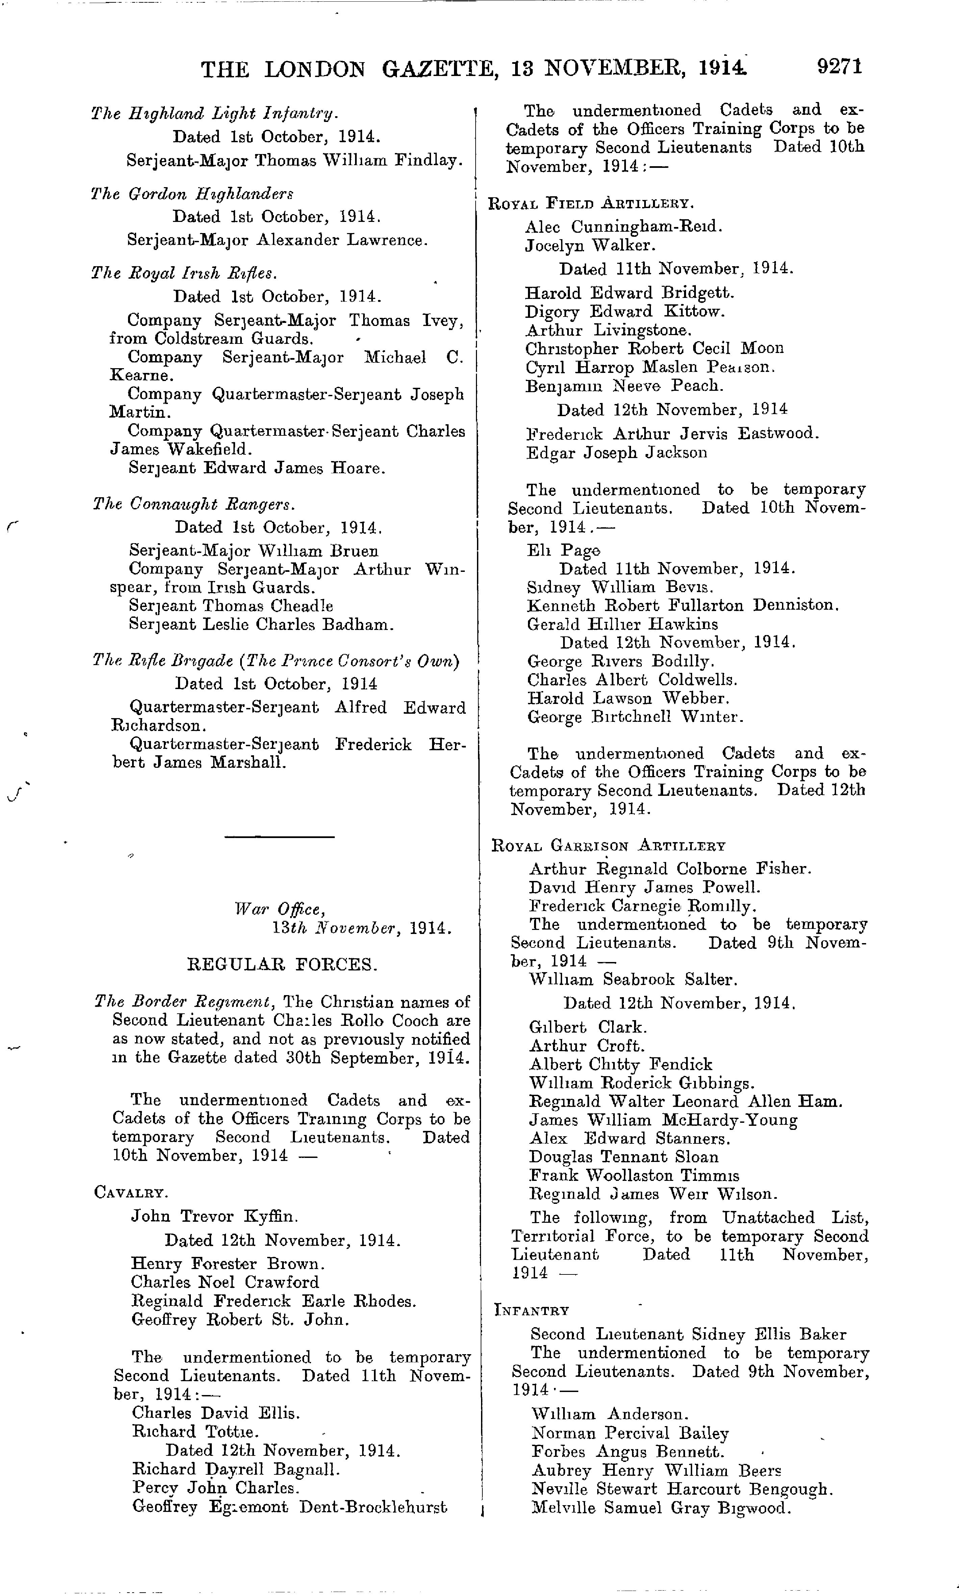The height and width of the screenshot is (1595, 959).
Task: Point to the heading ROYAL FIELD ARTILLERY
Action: coord(591,204)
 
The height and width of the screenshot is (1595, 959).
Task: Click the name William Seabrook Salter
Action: coord(633,979)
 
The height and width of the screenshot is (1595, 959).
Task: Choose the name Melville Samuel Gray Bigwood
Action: coord(660,1508)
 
